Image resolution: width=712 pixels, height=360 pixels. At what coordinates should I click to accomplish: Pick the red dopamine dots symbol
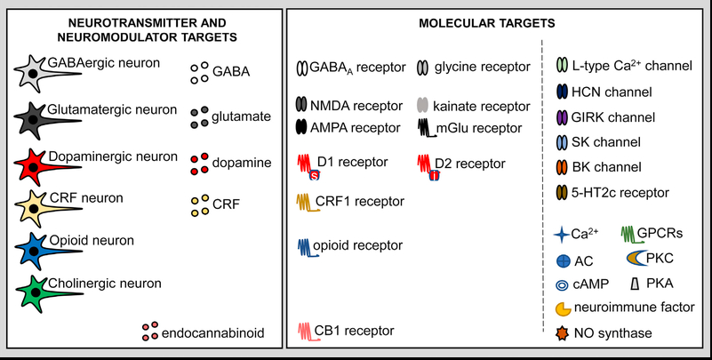198,164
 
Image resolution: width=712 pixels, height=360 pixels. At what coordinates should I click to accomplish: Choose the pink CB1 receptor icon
304,332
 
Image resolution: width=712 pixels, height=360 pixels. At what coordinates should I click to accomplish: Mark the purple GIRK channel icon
562,117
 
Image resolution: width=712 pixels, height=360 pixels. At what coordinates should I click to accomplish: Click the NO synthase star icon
561,333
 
